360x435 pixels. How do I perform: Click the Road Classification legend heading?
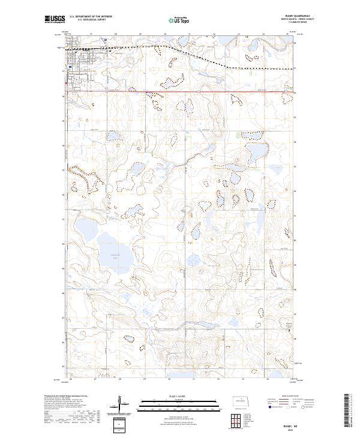click(287, 397)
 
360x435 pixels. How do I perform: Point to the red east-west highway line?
click(180, 92)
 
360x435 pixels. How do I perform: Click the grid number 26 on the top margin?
click(71, 35)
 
